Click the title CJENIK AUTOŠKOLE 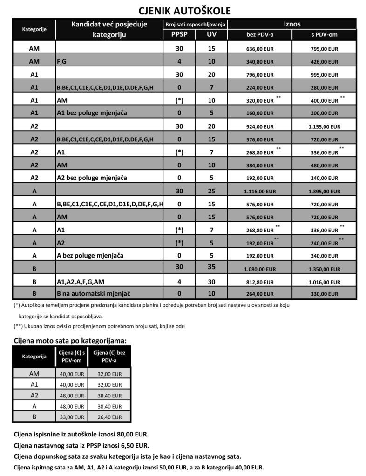pyautogui.click(x=184, y=11)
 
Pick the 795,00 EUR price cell pyautogui.click(x=324, y=48)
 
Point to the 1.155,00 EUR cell pyautogui.click(x=324, y=126)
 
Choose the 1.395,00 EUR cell pyautogui.click(x=324, y=191)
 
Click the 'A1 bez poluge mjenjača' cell pyautogui.click(x=87, y=113)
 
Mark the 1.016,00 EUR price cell pyautogui.click(x=324, y=282)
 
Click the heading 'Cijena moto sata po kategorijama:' pyautogui.click(x=70, y=341)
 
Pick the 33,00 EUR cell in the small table pyautogui.click(x=72, y=417)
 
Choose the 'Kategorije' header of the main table pyautogui.click(x=34, y=30)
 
